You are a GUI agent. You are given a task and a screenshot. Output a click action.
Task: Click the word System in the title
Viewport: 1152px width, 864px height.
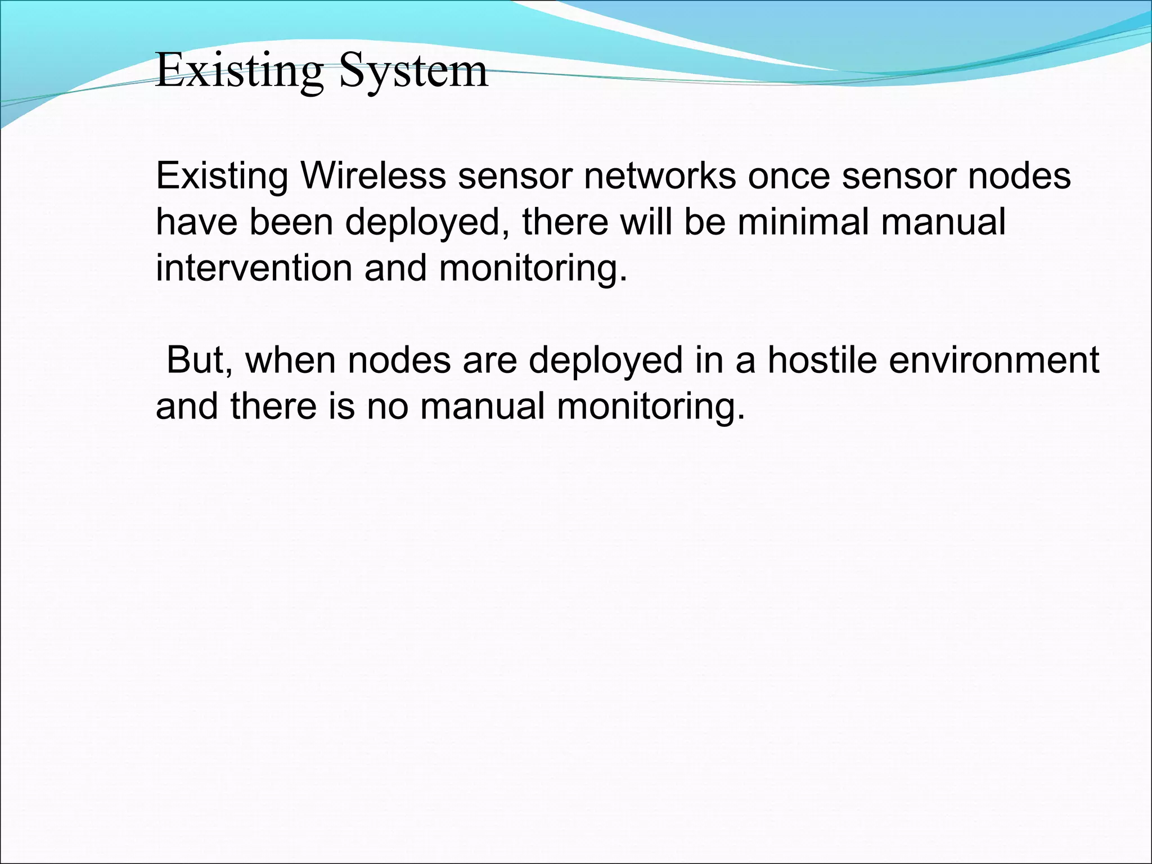[x=413, y=72]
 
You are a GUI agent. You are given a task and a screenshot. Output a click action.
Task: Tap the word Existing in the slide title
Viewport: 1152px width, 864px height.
[x=239, y=72]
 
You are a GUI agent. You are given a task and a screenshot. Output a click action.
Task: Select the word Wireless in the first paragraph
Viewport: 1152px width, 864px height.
[x=373, y=175]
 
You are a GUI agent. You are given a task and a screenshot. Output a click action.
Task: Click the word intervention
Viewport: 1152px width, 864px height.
[x=254, y=268]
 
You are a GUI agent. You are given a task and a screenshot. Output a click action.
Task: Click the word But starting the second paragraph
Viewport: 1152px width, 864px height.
[x=199, y=359]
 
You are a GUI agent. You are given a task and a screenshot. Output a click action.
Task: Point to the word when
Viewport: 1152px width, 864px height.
[x=290, y=359]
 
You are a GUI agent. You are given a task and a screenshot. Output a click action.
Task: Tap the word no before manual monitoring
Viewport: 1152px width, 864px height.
[x=388, y=406]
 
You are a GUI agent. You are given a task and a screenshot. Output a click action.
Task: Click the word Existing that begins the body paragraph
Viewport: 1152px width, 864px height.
[x=222, y=175]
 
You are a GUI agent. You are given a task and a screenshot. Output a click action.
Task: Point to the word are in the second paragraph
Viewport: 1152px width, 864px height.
[x=489, y=359]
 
